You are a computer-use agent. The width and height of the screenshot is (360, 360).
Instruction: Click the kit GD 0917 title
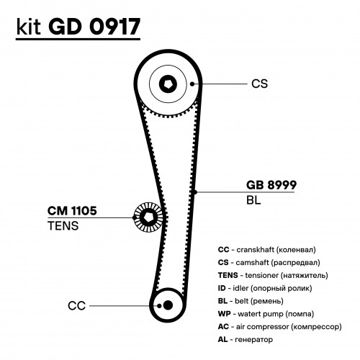point(78,27)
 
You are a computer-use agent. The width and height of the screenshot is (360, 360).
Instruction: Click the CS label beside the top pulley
point(259,84)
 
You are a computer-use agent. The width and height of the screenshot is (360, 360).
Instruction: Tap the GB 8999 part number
point(271,185)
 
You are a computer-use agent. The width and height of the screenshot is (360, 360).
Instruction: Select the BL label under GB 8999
point(253,200)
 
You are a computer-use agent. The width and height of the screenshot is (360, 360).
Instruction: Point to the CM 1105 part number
point(72,211)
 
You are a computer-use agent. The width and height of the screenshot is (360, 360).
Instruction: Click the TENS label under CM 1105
point(63,226)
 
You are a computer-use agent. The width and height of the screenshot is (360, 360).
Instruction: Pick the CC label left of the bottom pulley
point(76,306)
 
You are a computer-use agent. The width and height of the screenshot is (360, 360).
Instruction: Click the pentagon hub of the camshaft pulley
point(168,84)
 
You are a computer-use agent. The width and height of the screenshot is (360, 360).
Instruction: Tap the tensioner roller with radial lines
point(148,217)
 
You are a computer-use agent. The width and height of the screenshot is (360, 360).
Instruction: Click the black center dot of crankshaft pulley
point(168,305)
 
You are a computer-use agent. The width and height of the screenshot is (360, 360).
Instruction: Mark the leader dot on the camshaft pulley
point(192,84)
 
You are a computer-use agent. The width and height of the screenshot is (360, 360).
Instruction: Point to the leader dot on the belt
point(195,192)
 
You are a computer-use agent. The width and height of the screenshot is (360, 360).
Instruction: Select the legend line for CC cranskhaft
point(266,250)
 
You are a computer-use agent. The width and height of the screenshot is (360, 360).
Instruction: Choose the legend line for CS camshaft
point(269,263)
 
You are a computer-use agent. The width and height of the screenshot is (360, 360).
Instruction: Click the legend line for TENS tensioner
point(273,275)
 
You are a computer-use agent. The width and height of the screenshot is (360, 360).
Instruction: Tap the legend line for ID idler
point(265,288)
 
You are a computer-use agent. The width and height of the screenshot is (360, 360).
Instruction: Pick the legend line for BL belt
point(251,301)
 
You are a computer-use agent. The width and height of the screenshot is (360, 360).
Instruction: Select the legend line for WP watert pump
point(266,314)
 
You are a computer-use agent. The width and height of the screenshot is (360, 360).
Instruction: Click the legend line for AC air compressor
point(279,327)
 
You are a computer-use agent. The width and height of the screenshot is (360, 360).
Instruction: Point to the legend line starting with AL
point(246,340)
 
